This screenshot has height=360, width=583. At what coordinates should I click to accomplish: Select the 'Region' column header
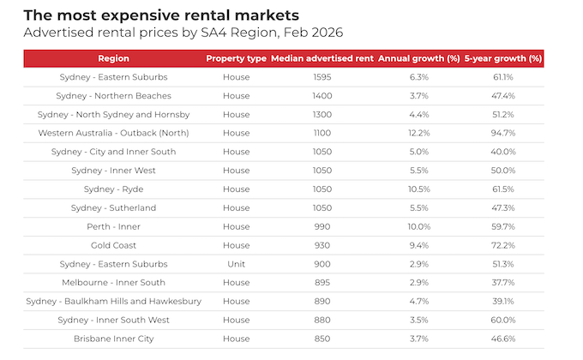[114, 58]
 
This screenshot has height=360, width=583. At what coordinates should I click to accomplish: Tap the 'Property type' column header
[236, 58]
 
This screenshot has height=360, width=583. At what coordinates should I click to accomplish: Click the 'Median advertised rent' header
[322, 58]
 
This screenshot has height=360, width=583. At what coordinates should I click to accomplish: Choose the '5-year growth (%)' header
[503, 58]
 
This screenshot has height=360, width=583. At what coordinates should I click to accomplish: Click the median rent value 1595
[322, 77]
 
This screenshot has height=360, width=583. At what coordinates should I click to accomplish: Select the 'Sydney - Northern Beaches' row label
[116, 96]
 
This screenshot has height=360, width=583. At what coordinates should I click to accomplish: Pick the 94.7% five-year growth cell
[503, 133]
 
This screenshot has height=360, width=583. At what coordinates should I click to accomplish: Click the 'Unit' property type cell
[236, 264]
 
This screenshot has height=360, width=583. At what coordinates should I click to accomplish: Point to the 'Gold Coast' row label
[114, 245]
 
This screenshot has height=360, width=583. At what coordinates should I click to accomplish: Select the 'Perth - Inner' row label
[114, 226]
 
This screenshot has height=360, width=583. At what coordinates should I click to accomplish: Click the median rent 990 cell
[322, 226]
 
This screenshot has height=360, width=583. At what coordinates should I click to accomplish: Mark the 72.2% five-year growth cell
[503, 245]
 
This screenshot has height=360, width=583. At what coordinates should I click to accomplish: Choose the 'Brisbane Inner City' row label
[114, 339]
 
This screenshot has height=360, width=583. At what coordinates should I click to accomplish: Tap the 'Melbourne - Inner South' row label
[114, 283]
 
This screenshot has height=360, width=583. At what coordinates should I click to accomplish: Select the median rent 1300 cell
[322, 115]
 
